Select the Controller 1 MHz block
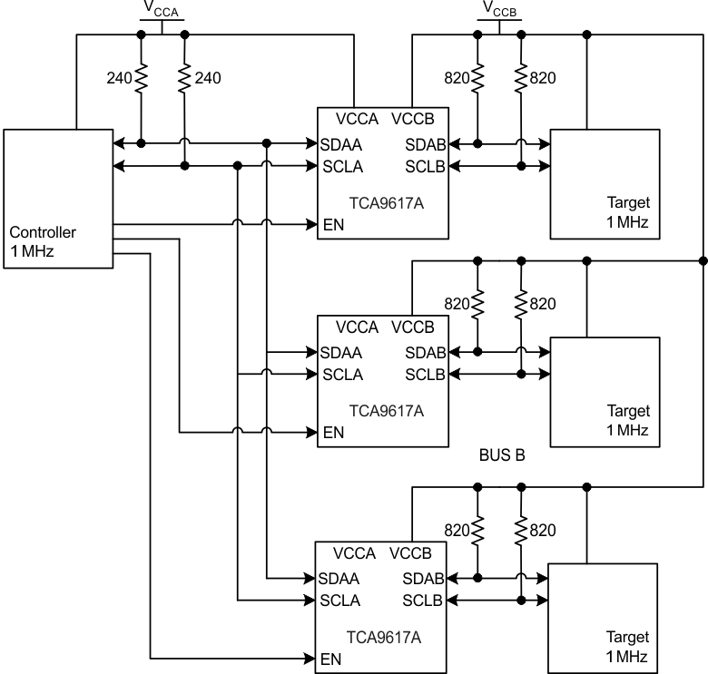(x=56, y=199)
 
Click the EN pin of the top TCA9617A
(x=333, y=224)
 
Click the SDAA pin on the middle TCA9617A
(x=340, y=352)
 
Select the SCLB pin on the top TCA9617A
(x=424, y=166)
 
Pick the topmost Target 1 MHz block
(x=605, y=184)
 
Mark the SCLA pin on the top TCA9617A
(x=342, y=166)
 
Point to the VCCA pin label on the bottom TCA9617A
(x=356, y=553)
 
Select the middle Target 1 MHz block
(x=605, y=391)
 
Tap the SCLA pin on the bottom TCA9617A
(x=340, y=600)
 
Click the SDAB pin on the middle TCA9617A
(x=424, y=352)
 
